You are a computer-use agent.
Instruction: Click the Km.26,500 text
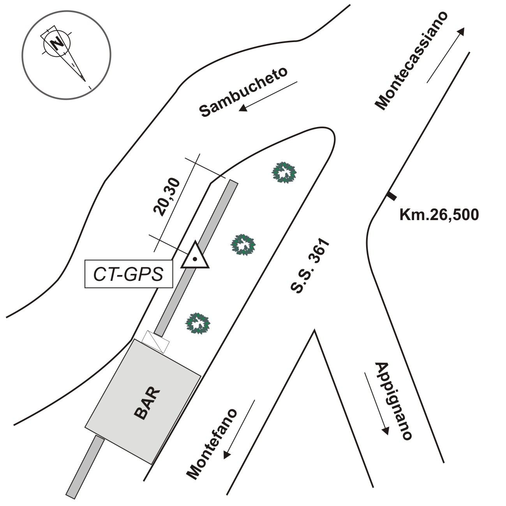point(439,215)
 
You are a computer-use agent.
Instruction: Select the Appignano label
point(393,401)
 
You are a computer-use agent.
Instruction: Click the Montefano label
point(212,444)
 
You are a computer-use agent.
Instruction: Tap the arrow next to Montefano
point(239,429)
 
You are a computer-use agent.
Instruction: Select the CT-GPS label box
point(129,274)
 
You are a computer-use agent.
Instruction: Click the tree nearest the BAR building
point(198,323)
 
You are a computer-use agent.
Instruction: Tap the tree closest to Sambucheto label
point(284,173)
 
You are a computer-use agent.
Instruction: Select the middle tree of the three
point(243,245)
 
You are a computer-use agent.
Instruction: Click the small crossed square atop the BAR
point(156,341)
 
